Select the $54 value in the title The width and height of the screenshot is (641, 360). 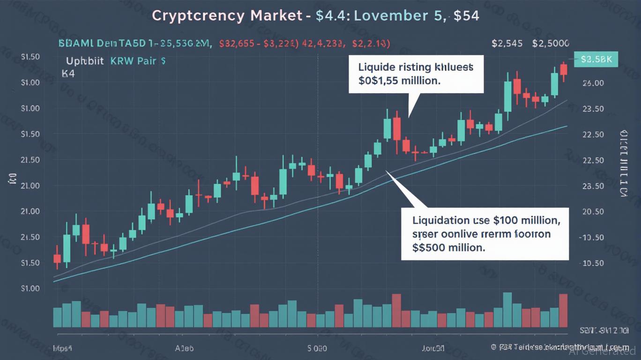tap(466, 15)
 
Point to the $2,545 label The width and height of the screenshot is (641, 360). tap(507, 44)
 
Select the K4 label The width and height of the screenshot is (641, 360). tap(68, 74)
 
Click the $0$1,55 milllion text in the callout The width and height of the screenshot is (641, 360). tap(399, 80)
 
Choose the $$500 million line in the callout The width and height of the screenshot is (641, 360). tap(448, 247)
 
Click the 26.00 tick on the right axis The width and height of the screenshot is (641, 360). tap(592, 83)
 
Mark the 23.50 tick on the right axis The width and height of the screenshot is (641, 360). tap(592, 109)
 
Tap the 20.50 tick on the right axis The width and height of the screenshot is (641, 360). tap(592, 211)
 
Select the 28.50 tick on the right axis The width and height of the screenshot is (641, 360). tap(592, 186)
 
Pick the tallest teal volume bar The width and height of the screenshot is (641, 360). tap(507, 309)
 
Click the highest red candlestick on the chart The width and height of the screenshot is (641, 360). tap(564, 69)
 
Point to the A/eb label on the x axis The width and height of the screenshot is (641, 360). tap(184, 349)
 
